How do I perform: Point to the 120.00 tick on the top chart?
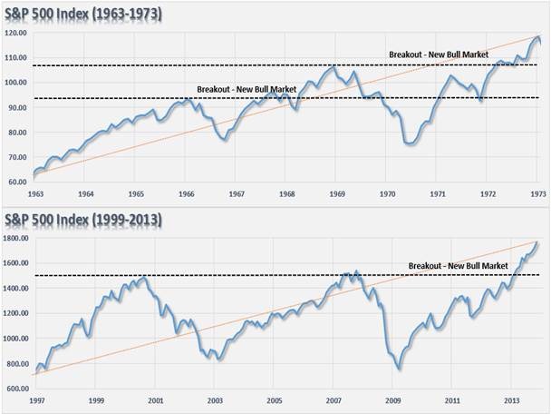point(14,33)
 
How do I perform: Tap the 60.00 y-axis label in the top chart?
point(16,182)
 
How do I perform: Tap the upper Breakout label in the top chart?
point(438,55)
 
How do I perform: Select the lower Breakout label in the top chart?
point(246,88)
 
